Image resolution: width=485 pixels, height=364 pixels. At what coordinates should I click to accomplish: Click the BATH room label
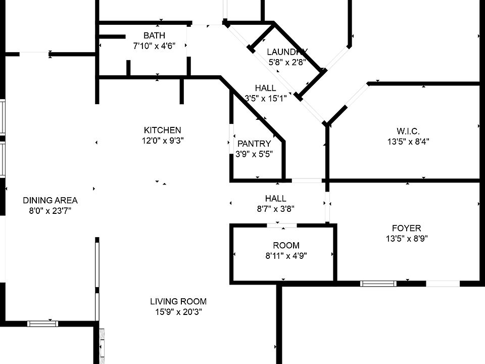(x=154, y=35)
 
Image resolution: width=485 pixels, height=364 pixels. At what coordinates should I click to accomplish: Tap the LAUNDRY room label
(x=287, y=52)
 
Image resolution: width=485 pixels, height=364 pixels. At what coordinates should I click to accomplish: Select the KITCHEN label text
(x=162, y=130)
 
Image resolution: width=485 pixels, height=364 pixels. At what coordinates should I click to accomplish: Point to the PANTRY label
(x=254, y=144)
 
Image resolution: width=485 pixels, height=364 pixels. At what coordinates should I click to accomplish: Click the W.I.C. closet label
(x=408, y=131)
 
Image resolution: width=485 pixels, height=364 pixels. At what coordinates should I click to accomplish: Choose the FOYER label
(x=406, y=228)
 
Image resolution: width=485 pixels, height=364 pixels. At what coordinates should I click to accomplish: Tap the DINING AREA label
(x=50, y=200)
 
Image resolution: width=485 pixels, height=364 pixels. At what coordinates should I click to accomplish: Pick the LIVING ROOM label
(x=178, y=301)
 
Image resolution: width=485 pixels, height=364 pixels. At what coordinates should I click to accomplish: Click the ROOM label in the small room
(x=286, y=245)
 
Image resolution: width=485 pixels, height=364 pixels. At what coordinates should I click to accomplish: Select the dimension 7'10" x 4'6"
(x=154, y=46)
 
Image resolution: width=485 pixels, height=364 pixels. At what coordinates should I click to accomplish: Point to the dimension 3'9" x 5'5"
(x=254, y=154)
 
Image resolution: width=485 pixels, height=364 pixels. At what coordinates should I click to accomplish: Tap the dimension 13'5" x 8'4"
(x=408, y=142)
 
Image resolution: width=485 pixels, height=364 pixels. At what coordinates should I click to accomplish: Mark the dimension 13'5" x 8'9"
(x=406, y=239)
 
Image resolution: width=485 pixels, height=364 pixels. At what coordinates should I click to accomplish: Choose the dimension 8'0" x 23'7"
(x=50, y=211)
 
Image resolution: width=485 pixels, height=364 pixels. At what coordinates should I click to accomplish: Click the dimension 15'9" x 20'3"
(x=178, y=312)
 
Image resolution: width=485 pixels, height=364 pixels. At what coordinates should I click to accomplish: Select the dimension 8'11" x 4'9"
(x=286, y=256)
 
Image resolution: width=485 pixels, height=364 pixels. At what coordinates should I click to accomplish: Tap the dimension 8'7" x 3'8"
(x=275, y=208)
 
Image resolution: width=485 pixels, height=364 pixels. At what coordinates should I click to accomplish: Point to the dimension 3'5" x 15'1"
(x=266, y=99)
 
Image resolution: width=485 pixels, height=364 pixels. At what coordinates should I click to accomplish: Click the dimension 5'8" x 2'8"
(x=287, y=63)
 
